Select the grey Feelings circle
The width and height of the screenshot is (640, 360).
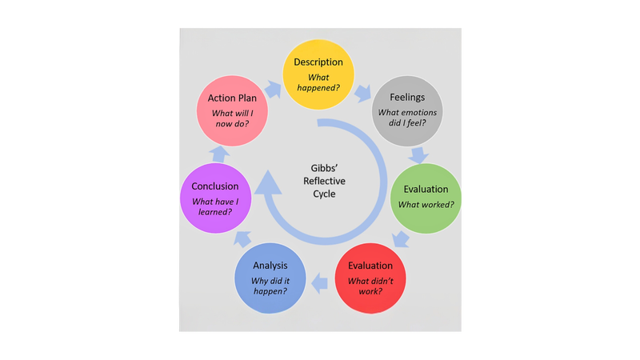point(406,110)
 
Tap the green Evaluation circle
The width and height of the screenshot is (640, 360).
point(425,198)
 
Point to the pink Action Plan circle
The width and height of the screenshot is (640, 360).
point(232,110)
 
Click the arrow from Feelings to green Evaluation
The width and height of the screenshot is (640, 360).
point(418,154)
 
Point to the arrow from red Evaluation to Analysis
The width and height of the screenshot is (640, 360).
point(320,280)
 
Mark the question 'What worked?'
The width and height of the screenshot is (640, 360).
point(425,205)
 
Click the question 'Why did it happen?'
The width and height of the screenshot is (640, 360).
point(270,286)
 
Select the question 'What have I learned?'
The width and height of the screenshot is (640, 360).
point(215,206)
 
